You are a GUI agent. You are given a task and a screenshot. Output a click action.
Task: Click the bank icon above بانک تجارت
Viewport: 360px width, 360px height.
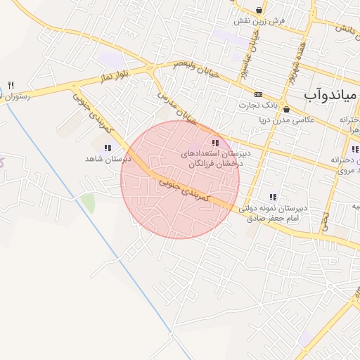[258, 94]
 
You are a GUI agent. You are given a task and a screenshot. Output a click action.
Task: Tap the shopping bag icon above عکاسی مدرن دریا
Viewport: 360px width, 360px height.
[286, 109]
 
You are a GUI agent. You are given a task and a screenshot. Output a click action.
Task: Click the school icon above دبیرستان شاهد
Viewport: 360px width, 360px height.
[108, 148]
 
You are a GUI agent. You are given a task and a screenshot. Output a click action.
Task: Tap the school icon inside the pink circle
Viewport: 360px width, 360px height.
[214, 143]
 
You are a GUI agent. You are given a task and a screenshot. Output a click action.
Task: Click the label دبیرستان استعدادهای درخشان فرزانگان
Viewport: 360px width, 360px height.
[212, 158]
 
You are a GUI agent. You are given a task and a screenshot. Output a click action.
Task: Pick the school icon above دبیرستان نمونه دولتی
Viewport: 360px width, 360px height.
[272, 197]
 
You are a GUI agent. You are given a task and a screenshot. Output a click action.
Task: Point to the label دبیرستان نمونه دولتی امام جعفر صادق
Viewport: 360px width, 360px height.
[274, 214]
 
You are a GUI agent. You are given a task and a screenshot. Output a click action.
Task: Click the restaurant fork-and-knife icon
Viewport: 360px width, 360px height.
[11, 84]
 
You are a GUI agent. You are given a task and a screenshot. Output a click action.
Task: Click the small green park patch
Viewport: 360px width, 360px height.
[88, 202]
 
